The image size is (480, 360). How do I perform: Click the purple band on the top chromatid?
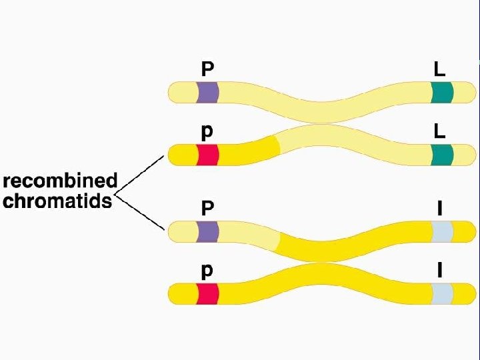coord(207,92)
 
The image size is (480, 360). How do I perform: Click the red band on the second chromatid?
coord(207,155)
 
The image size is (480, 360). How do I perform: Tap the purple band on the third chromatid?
coord(207,231)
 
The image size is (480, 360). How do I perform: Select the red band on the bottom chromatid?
coord(207,293)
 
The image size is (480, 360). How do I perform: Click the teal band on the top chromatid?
coord(441,92)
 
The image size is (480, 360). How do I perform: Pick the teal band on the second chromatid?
coord(441,155)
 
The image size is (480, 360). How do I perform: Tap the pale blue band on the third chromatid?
coord(441,231)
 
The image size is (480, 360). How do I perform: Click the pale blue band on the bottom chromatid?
coord(441,293)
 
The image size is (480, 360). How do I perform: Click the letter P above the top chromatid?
coord(208,69)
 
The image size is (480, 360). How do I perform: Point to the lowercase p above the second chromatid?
coord(208,133)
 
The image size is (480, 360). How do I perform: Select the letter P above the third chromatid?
coord(208,207)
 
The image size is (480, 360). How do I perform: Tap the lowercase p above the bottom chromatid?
coord(208,271)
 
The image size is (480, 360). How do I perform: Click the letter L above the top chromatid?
coord(439,69)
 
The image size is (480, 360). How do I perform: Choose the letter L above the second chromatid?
coord(439,131)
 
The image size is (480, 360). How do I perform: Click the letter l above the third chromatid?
coord(439,207)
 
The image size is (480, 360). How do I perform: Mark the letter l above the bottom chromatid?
coord(439,270)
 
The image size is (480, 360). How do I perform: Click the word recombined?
coord(61,181)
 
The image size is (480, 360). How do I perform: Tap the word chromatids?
coord(58,201)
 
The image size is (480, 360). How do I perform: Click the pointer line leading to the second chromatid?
coord(140,175)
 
